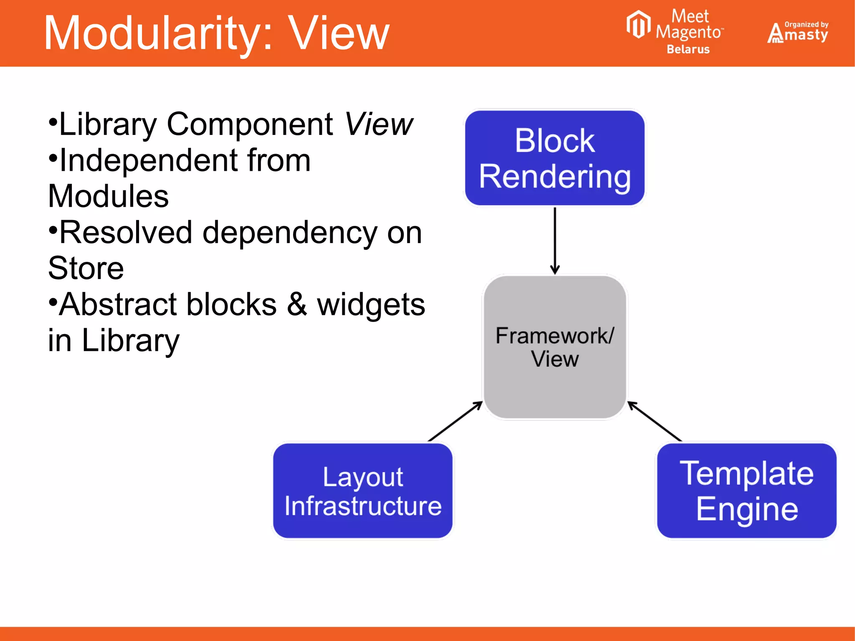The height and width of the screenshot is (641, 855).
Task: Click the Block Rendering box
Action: (554, 158)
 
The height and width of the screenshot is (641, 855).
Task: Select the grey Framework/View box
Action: (554, 347)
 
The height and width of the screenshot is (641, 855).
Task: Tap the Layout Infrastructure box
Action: (362, 491)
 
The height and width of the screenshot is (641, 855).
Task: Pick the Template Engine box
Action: (746, 491)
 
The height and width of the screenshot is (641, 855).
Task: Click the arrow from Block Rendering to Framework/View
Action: (555, 240)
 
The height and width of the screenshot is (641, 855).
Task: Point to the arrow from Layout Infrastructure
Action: (455, 421)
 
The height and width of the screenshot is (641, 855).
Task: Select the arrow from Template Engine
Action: (655, 421)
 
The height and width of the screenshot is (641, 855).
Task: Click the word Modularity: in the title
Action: (159, 33)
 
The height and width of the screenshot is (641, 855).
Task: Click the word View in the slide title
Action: (339, 33)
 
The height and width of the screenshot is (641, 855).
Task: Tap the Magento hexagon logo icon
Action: (638, 24)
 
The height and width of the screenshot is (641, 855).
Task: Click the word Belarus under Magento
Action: (688, 49)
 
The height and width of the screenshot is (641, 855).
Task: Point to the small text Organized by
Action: (806, 24)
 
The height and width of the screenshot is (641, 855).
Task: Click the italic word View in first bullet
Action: (379, 124)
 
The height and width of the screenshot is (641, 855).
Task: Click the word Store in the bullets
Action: (86, 268)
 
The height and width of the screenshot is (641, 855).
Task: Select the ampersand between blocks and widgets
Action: (297, 304)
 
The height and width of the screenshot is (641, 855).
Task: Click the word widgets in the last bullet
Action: (371, 305)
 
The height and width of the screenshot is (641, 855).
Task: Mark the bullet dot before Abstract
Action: (53, 301)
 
